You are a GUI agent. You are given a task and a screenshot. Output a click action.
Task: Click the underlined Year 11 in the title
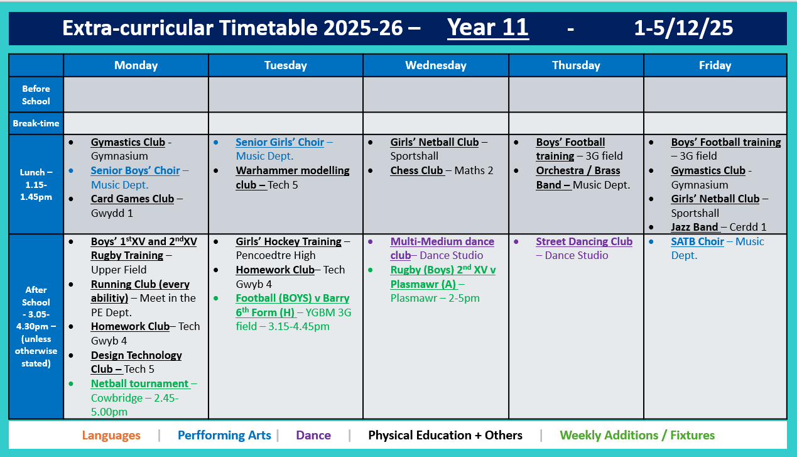pos(487,28)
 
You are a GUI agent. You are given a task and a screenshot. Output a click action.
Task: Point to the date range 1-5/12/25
pos(683,28)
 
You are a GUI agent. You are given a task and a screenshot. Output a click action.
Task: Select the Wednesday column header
pos(435,65)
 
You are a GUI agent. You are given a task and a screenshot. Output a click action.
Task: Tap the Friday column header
pos(715,65)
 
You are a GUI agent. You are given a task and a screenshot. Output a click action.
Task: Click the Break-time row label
pos(36,123)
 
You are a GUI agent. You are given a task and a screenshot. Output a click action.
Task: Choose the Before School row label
pos(36,95)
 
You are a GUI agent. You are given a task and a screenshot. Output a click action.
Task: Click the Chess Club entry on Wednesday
pos(417,170)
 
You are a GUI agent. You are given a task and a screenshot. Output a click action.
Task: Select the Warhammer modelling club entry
pos(292,177)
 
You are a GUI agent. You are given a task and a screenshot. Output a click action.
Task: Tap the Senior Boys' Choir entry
pos(135,170)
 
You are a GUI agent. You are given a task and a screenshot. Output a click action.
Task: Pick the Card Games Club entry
pos(132,199)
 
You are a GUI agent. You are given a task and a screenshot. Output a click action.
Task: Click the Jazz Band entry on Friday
pos(694,227)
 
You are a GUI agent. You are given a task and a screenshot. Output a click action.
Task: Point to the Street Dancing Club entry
pos(584,241)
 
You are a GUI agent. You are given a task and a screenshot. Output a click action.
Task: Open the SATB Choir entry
pos(697,241)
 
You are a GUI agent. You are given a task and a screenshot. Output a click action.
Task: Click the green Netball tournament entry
pos(139,383)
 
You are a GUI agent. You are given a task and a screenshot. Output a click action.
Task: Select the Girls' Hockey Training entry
pos(288,241)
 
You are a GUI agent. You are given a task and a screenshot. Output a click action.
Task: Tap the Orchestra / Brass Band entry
pos(578,177)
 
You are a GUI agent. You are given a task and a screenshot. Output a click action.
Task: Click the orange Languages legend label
pos(111,435)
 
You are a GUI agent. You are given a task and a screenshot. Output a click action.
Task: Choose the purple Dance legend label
pos(313,435)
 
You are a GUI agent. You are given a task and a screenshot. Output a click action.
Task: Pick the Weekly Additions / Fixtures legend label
pos(637,435)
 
